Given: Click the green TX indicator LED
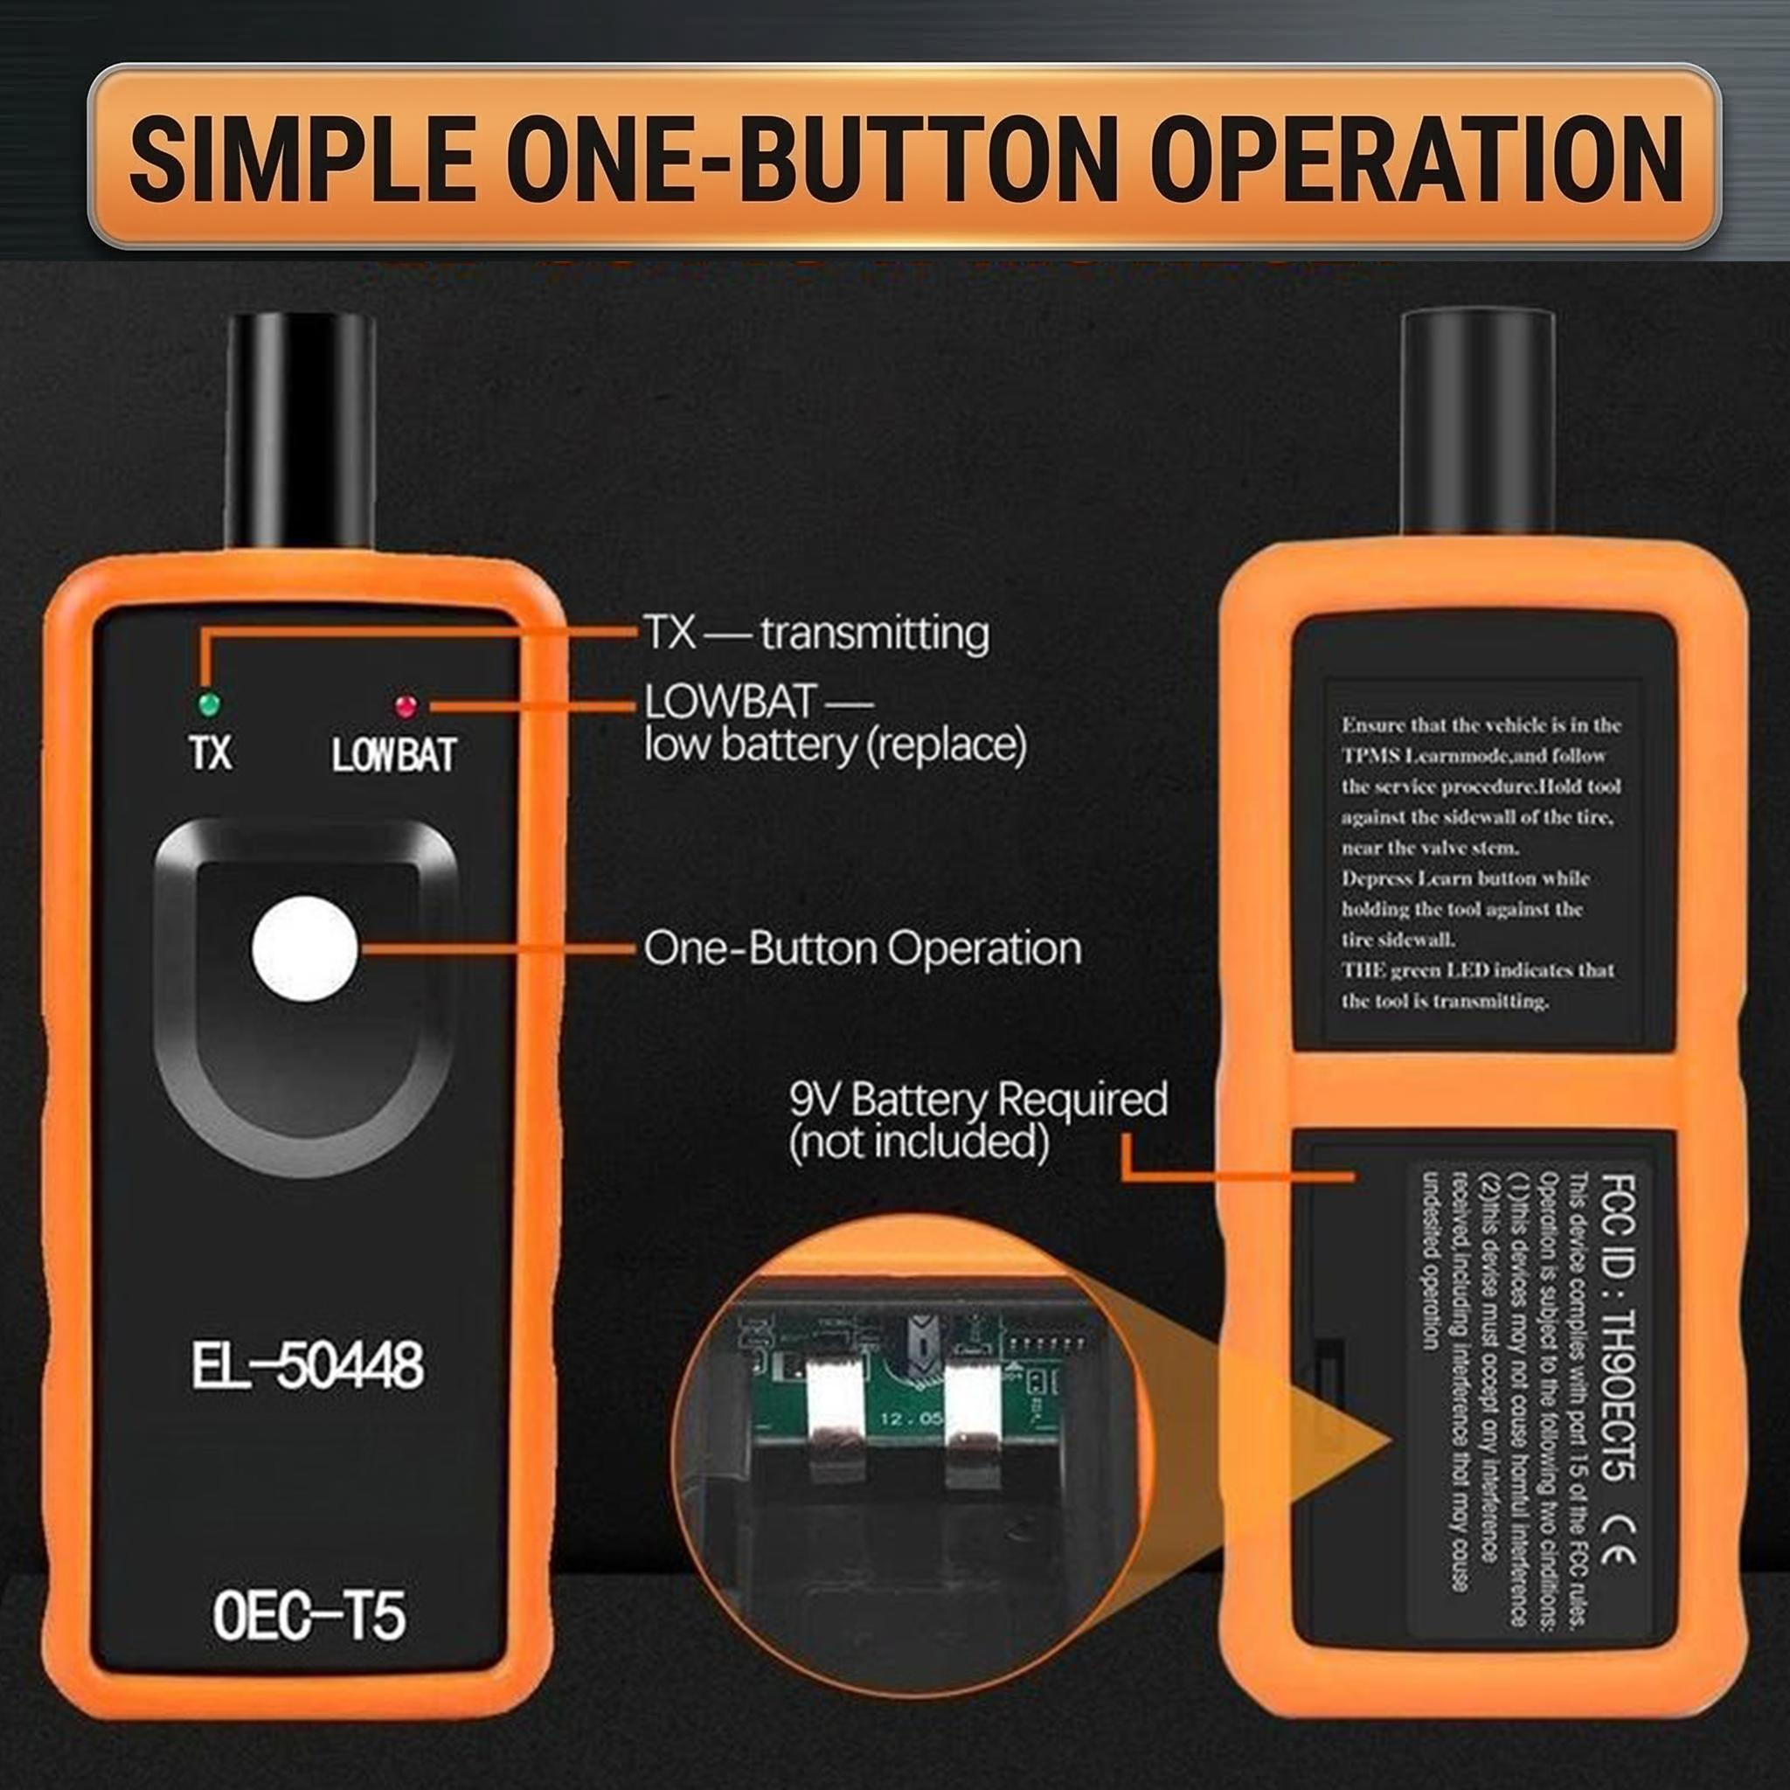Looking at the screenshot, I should click(210, 705).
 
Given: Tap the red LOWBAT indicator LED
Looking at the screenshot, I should click(405, 706).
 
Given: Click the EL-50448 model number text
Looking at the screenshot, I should click(308, 1366).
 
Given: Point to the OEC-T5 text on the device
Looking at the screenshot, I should click(309, 1616).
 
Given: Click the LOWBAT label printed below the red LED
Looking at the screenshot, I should click(394, 756).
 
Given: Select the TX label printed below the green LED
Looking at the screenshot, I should click(211, 753).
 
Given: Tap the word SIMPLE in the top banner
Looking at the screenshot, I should click(303, 156).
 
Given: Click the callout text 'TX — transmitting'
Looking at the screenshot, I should click(816, 634).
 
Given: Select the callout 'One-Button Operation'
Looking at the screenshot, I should click(862, 948).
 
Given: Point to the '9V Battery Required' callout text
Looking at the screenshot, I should click(977, 1100).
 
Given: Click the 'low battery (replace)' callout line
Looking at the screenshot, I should click(835, 746).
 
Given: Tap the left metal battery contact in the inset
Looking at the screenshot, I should click(836, 1413).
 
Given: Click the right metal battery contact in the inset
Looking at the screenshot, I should click(972, 1413).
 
